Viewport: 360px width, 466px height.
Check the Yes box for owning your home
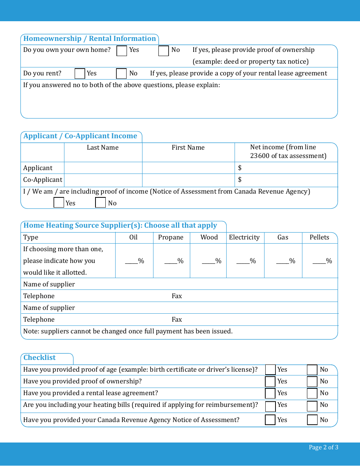click(122, 51)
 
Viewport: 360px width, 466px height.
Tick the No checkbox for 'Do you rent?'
click(121, 73)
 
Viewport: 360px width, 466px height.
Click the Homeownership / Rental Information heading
click(89, 39)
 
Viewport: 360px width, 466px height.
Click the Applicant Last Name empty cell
click(103, 168)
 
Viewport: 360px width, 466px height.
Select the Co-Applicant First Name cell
click(188, 180)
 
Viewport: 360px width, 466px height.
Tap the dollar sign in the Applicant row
click(240, 168)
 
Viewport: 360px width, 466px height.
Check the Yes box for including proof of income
click(59, 203)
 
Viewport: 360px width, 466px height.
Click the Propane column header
click(171, 238)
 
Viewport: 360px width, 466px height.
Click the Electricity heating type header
click(244, 238)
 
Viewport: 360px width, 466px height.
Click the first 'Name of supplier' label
click(49, 285)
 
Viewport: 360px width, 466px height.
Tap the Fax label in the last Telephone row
click(177, 320)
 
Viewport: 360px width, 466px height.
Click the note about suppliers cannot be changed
click(128, 332)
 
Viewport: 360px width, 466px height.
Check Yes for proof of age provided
click(270, 370)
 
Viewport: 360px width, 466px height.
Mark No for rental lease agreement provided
click(312, 393)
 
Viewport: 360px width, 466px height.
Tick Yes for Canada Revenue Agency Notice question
click(270, 420)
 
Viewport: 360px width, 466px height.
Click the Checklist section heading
click(39, 358)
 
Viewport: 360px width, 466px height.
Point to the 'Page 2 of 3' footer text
click(323, 447)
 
